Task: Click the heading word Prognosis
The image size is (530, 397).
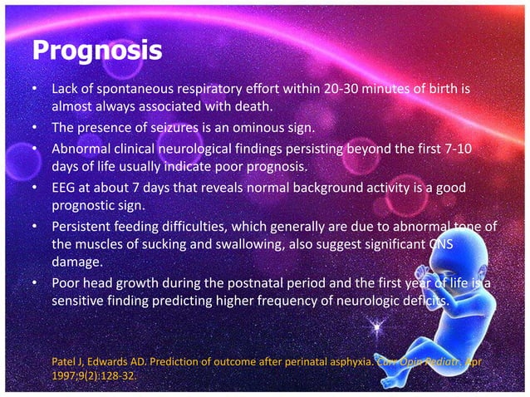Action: (96, 51)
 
